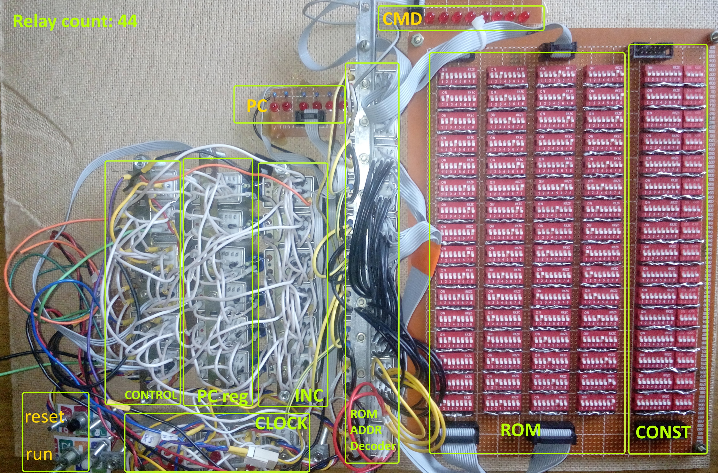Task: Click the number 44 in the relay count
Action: pyautogui.click(x=127, y=21)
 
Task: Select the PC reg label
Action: pyautogui.click(x=222, y=396)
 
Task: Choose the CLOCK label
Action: pyautogui.click(x=281, y=424)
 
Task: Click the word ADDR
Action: pyautogui.click(x=366, y=430)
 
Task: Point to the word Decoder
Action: pyautogui.click(x=373, y=446)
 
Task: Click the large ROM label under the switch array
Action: pyautogui.click(x=520, y=430)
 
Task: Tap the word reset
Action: pyautogui.click(x=44, y=417)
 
